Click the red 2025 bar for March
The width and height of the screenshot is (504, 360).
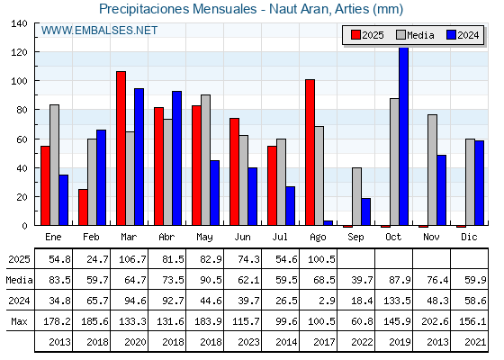(x=121, y=148)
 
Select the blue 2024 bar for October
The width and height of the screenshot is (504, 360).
(x=404, y=136)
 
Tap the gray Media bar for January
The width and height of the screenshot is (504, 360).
(x=55, y=165)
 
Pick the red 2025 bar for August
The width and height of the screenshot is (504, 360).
(x=310, y=152)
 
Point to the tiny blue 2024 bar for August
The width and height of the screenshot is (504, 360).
(x=328, y=223)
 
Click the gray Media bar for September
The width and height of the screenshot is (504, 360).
(x=356, y=196)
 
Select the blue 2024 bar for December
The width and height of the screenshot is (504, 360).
(x=479, y=183)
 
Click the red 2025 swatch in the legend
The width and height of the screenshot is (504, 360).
(x=355, y=35)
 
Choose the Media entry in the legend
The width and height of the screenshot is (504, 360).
(x=415, y=35)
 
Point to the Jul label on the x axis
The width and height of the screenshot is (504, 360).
(x=280, y=237)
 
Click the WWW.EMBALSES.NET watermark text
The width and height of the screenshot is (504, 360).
(x=99, y=31)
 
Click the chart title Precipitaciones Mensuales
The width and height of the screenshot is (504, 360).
(x=178, y=9)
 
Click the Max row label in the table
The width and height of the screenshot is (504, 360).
(x=19, y=321)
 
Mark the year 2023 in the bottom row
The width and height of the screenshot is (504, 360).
(x=248, y=342)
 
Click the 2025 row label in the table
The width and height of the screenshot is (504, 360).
(x=19, y=259)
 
